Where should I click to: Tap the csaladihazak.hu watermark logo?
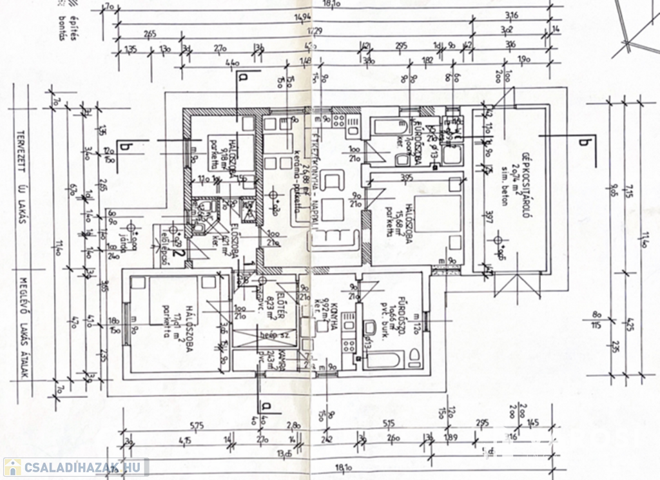tap(75, 467)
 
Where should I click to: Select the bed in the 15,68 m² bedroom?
tap(438, 216)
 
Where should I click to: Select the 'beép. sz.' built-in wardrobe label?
tap(269, 336)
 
